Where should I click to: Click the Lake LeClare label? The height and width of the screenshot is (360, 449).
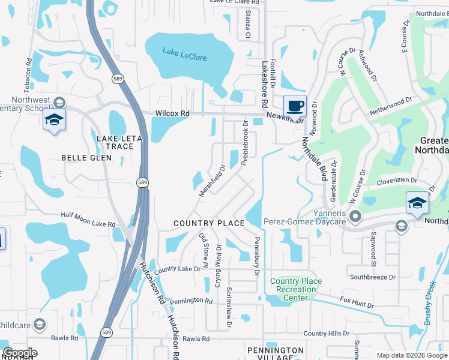coord(184,54)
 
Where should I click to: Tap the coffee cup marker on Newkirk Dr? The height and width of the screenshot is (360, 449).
coord(294,106)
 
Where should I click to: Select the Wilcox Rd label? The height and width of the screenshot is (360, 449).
coord(172,113)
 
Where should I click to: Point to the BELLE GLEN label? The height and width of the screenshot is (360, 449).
coord(86,158)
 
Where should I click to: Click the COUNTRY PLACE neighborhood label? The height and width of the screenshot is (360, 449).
coord(209,223)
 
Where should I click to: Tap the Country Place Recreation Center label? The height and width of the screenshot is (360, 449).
coord(295,289)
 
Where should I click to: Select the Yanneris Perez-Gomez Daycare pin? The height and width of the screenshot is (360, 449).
coord(355,216)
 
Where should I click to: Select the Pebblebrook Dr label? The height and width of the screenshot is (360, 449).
coord(246,139)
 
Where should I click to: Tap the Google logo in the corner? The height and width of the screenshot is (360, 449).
coord(20,353)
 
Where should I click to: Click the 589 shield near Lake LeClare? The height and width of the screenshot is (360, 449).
coord(118,78)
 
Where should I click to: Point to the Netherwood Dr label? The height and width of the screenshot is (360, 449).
coord(391,107)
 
